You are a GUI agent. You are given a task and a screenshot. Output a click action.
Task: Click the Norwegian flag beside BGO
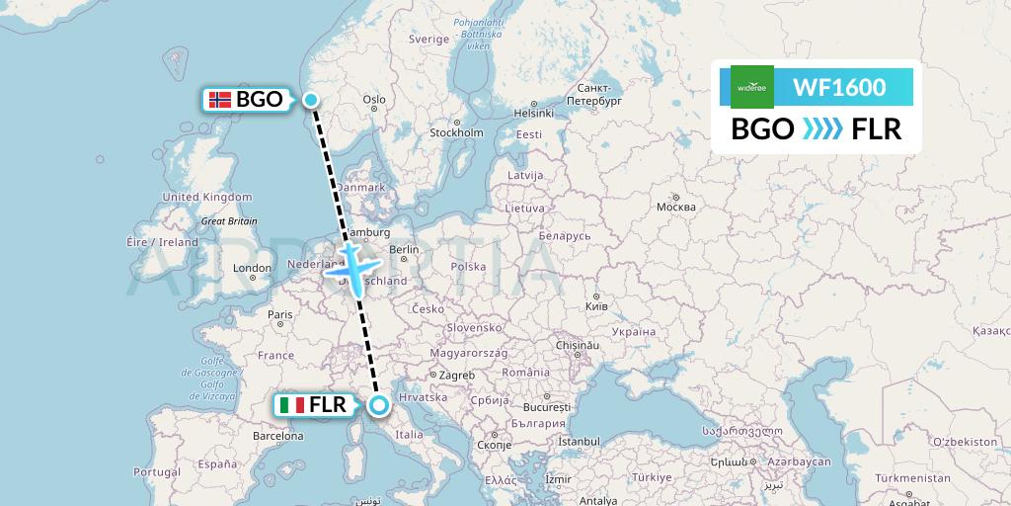coord(220,99)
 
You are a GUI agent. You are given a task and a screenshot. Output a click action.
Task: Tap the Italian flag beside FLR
coord(291,405)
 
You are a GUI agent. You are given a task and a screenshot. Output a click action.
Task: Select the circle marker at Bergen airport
coord(311,99)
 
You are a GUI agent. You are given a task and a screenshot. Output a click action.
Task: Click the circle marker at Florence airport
coord(378,404)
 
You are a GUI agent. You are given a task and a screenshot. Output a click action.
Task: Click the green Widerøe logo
coord(752,87)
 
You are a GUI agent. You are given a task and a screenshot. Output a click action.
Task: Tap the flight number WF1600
coord(839,87)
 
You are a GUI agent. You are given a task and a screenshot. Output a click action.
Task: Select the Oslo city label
coord(374,100)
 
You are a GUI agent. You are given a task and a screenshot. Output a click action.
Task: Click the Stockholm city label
coord(456,132)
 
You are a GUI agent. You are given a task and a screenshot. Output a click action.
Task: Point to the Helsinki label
coord(533,113)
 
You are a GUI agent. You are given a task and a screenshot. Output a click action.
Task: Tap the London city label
coord(252,268)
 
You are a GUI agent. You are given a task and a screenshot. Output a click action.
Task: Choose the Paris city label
coord(280,315)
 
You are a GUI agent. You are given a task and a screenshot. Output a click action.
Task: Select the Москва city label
coord(676,207)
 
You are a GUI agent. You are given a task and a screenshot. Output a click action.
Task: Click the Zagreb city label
coord(457,376)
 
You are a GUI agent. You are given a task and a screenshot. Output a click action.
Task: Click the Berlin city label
coord(405,250)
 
